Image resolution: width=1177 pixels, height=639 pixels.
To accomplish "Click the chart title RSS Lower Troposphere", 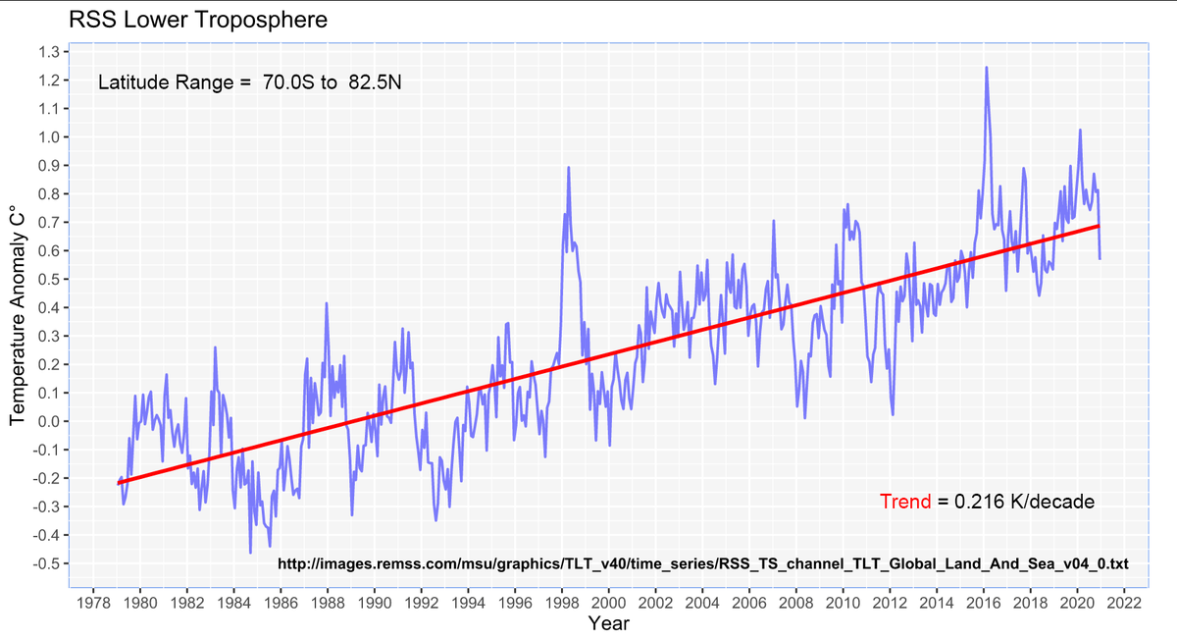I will (x=197, y=20).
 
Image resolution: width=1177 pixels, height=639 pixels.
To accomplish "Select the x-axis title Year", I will (x=608, y=623).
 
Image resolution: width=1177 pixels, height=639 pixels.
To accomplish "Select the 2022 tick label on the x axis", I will (x=1124, y=601).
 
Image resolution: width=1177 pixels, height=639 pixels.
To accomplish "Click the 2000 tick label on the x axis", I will (x=608, y=601).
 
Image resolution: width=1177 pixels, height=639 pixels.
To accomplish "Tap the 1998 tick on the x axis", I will (x=561, y=601).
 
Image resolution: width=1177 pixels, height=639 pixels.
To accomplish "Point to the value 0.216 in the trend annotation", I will (x=979, y=502).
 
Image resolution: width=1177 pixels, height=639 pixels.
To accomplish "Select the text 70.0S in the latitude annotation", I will (x=284, y=83).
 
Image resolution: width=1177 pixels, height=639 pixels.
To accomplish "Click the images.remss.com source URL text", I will (x=703, y=564).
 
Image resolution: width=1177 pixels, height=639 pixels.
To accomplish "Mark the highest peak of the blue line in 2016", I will (x=986, y=68).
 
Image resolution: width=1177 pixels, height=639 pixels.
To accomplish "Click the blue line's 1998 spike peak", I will (x=568, y=168).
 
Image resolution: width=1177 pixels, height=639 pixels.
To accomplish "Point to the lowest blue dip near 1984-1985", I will (x=251, y=553).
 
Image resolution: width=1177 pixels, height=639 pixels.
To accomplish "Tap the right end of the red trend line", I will (x=1099, y=226).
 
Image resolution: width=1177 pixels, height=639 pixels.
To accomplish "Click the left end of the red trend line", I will (x=119, y=483).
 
